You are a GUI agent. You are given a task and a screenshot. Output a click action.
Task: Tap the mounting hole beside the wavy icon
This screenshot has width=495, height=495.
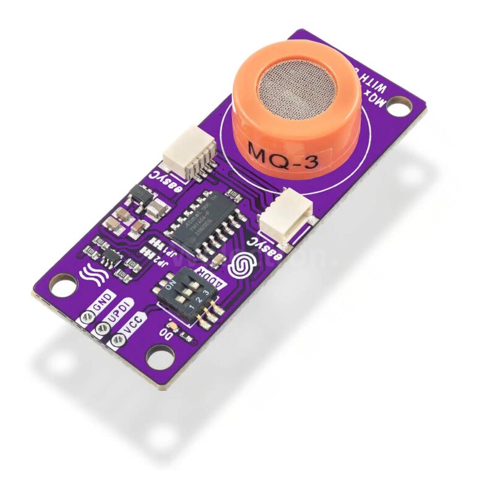pyautogui.click(x=60, y=288)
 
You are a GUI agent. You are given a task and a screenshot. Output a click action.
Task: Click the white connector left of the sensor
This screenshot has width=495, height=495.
pyautogui.click(x=189, y=153)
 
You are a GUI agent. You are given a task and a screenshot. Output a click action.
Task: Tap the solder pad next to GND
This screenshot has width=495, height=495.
pyautogui.click(x=85, y=317)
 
